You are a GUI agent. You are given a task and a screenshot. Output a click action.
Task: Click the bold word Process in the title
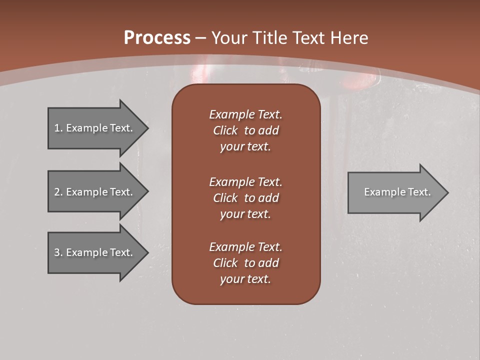(157, 37)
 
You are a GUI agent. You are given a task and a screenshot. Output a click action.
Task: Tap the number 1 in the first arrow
(57, 128)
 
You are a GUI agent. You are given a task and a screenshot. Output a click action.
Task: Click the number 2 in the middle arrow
(57, 192)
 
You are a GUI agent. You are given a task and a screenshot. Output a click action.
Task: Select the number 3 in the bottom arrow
(57, 252)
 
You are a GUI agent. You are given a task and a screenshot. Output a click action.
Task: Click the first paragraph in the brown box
(245, 130)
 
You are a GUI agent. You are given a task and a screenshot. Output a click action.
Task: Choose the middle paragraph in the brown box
(245, 198)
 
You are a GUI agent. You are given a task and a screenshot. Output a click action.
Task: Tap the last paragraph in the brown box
(245, 263)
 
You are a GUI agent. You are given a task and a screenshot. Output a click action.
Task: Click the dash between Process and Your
(201, 38)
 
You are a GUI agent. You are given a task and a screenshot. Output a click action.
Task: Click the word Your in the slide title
(227, 38)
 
